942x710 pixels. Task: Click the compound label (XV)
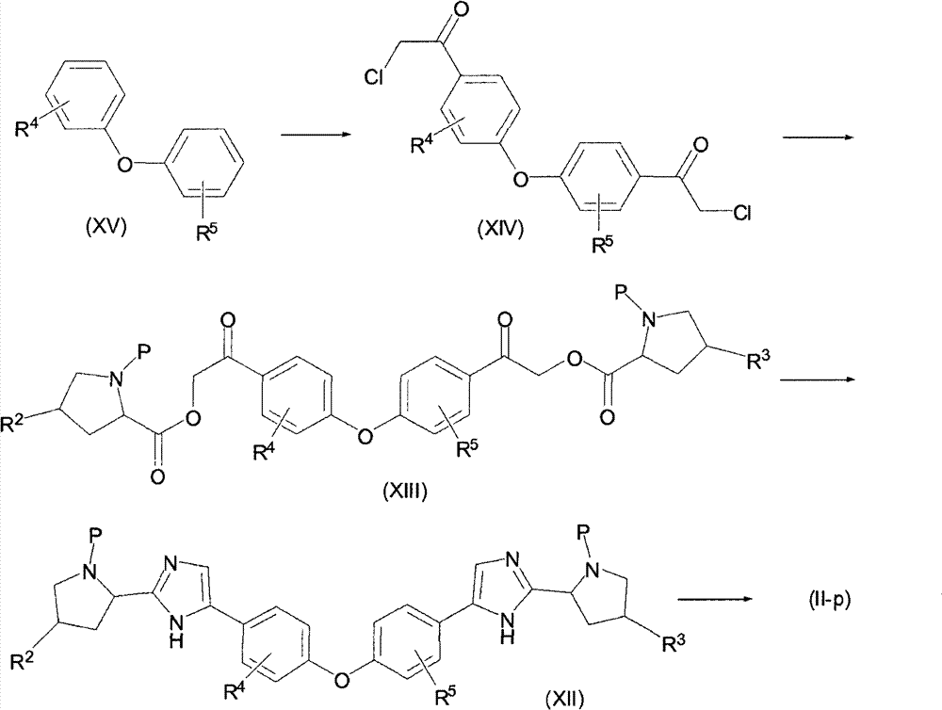coord(106,228)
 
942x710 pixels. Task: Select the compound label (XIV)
coord(500,229)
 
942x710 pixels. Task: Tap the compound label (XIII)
coord(405,492)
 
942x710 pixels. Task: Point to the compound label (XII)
coord(564,699)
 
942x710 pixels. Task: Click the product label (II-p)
coord(829,600)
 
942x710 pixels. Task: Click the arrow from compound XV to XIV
coord(316,135)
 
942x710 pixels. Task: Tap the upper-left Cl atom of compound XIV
coord(375,79)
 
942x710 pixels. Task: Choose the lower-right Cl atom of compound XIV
coord(742,213)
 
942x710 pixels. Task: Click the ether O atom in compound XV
coord(124,164)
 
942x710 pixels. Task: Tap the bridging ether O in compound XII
coord(342,680)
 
